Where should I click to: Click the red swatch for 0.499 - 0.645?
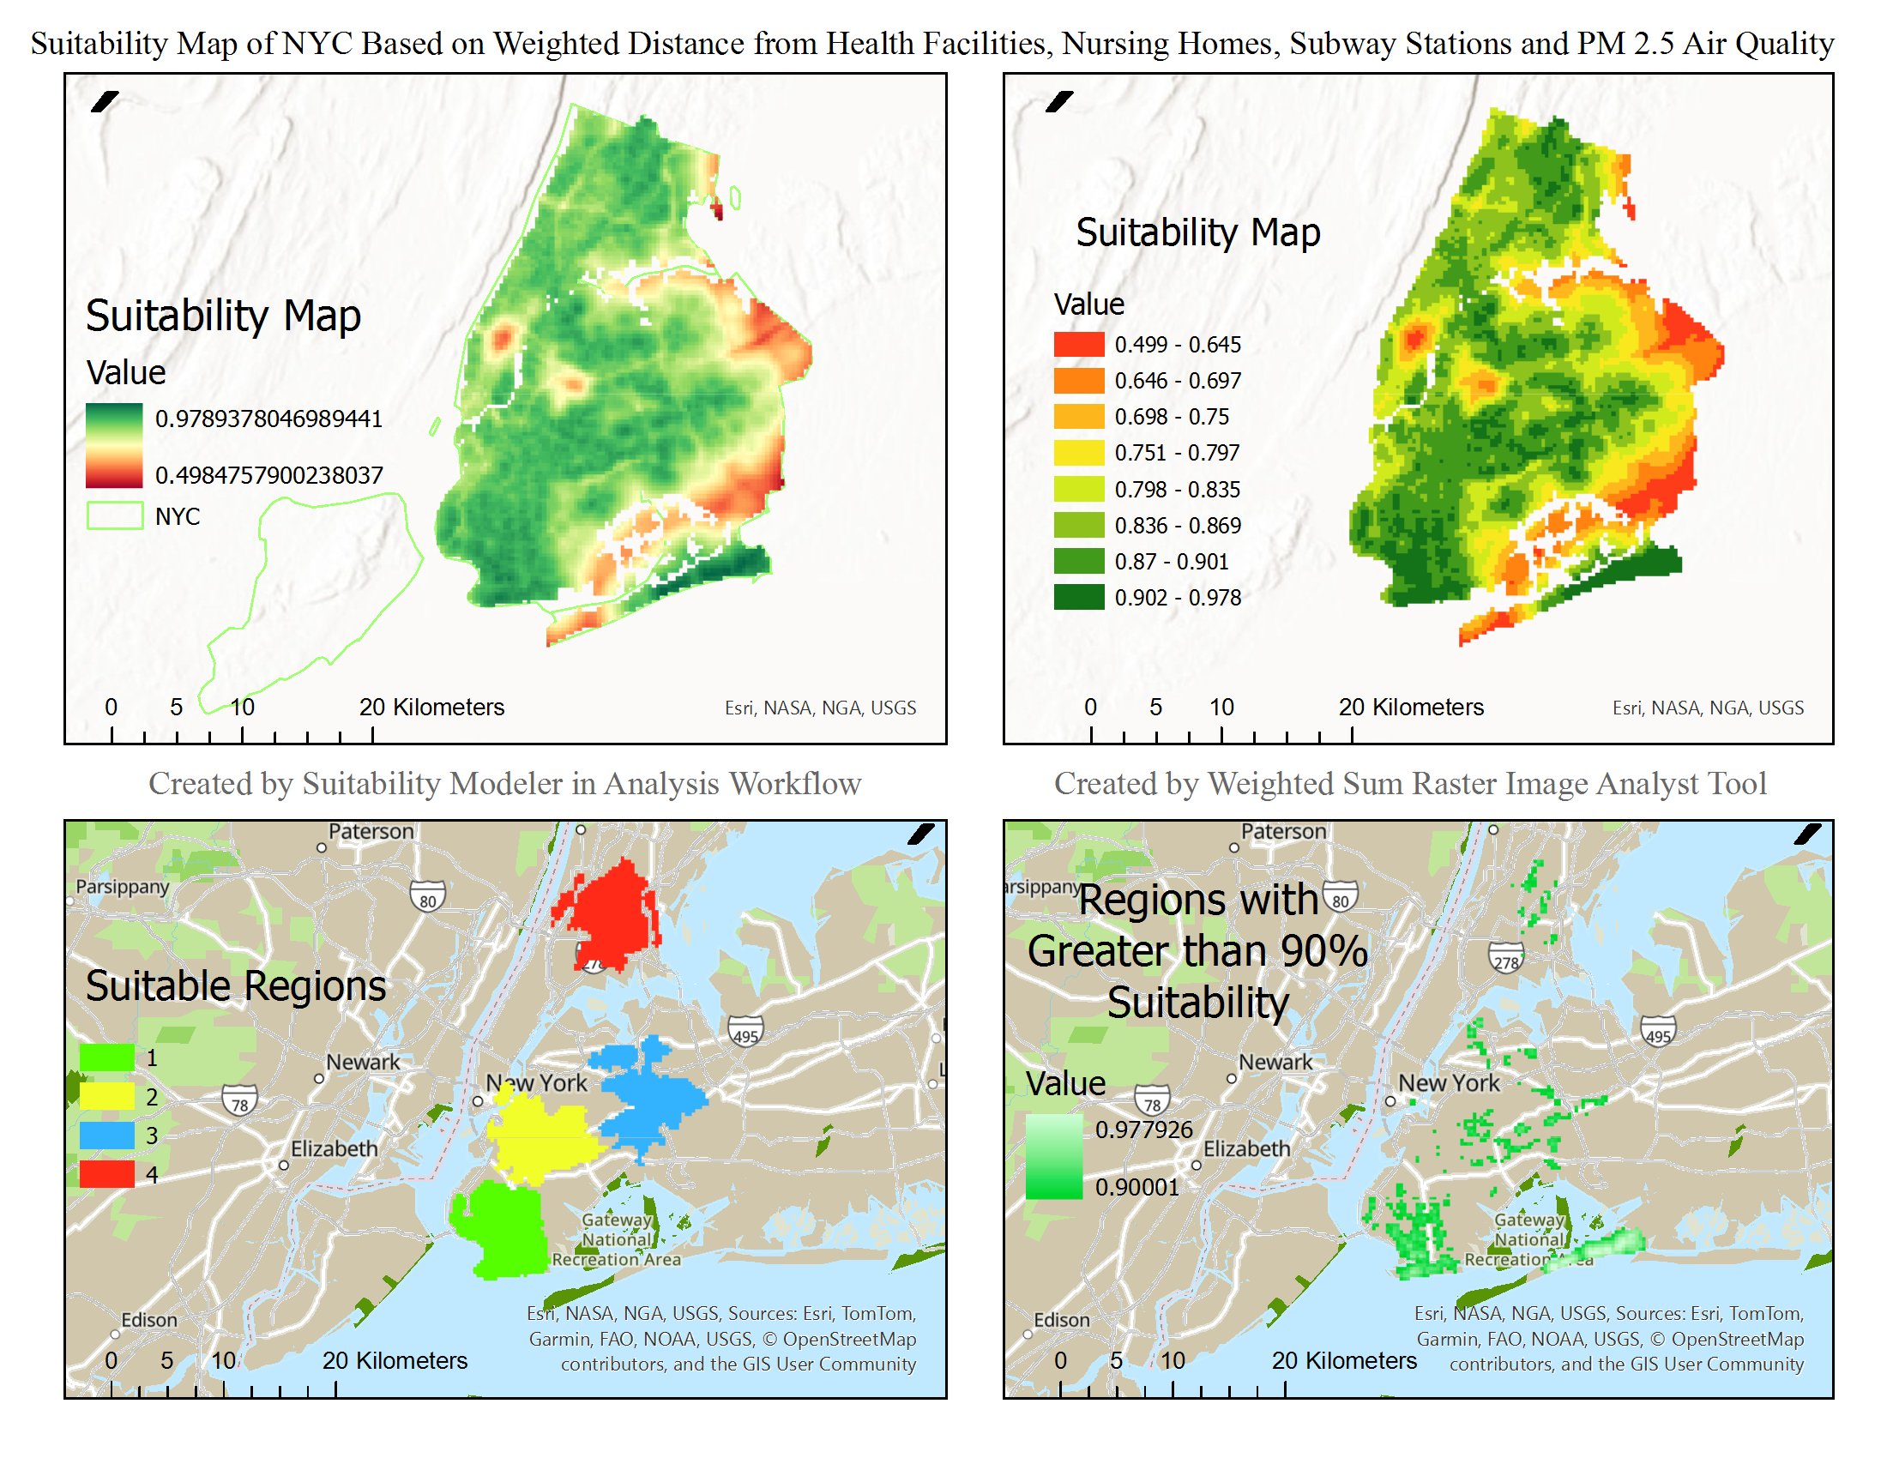click(x=1078, y=345)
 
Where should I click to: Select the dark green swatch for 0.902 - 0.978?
click(x=1078, y=597)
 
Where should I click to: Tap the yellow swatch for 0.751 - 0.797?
click(x=1078, y=453)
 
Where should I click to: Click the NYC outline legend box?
click(x=115, y=515)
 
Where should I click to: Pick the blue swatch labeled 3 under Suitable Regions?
click(x=107, y=1135)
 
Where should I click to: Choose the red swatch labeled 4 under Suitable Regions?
click(x=107, y=1174)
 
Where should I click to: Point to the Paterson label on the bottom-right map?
click(x=1283, y=831)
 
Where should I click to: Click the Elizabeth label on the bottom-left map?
click(x=335, y=1148)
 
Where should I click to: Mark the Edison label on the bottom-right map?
click(x=1062, y=1320)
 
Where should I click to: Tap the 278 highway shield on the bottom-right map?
click(x=1506, y=960)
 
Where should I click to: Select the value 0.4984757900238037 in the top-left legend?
click(x=268, y=475)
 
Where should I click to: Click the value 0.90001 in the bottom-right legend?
click(x=1137, y=1187)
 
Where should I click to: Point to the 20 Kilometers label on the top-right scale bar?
click(x=1411, y=708)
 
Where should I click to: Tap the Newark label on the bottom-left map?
click(x=363, y=1062)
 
